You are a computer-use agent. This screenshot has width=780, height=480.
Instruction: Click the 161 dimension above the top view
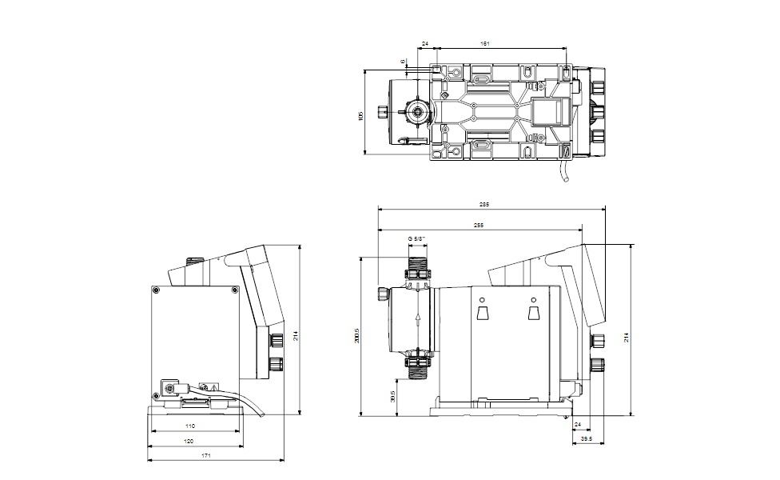[x=484, y=43]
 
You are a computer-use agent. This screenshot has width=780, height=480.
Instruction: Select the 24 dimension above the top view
[x=425, y=43]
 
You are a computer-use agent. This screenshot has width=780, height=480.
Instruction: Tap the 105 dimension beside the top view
[x=360, y=115]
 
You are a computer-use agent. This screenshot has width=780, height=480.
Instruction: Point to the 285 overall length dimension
[x=484, y=205]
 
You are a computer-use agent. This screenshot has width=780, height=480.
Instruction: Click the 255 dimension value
[x=478, y=225]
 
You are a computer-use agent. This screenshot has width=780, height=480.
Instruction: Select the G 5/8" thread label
[x=416, y=238]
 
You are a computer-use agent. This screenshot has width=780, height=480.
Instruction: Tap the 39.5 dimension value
[x=587, y=439]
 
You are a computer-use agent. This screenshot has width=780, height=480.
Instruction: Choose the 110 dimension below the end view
[x=190, y=426]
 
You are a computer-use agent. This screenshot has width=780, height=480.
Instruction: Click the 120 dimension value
[x=189, y=441]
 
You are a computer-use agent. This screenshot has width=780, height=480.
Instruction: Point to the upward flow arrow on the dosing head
[x=416, y=318]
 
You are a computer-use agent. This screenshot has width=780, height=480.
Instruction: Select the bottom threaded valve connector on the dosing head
[x=416, y=366]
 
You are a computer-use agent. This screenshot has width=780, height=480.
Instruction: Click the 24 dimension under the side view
[x=579, y=424]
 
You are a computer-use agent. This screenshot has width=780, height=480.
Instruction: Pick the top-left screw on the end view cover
[x=157, y=290]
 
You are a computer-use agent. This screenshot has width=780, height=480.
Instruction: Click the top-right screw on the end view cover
[x=234, y=290]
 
